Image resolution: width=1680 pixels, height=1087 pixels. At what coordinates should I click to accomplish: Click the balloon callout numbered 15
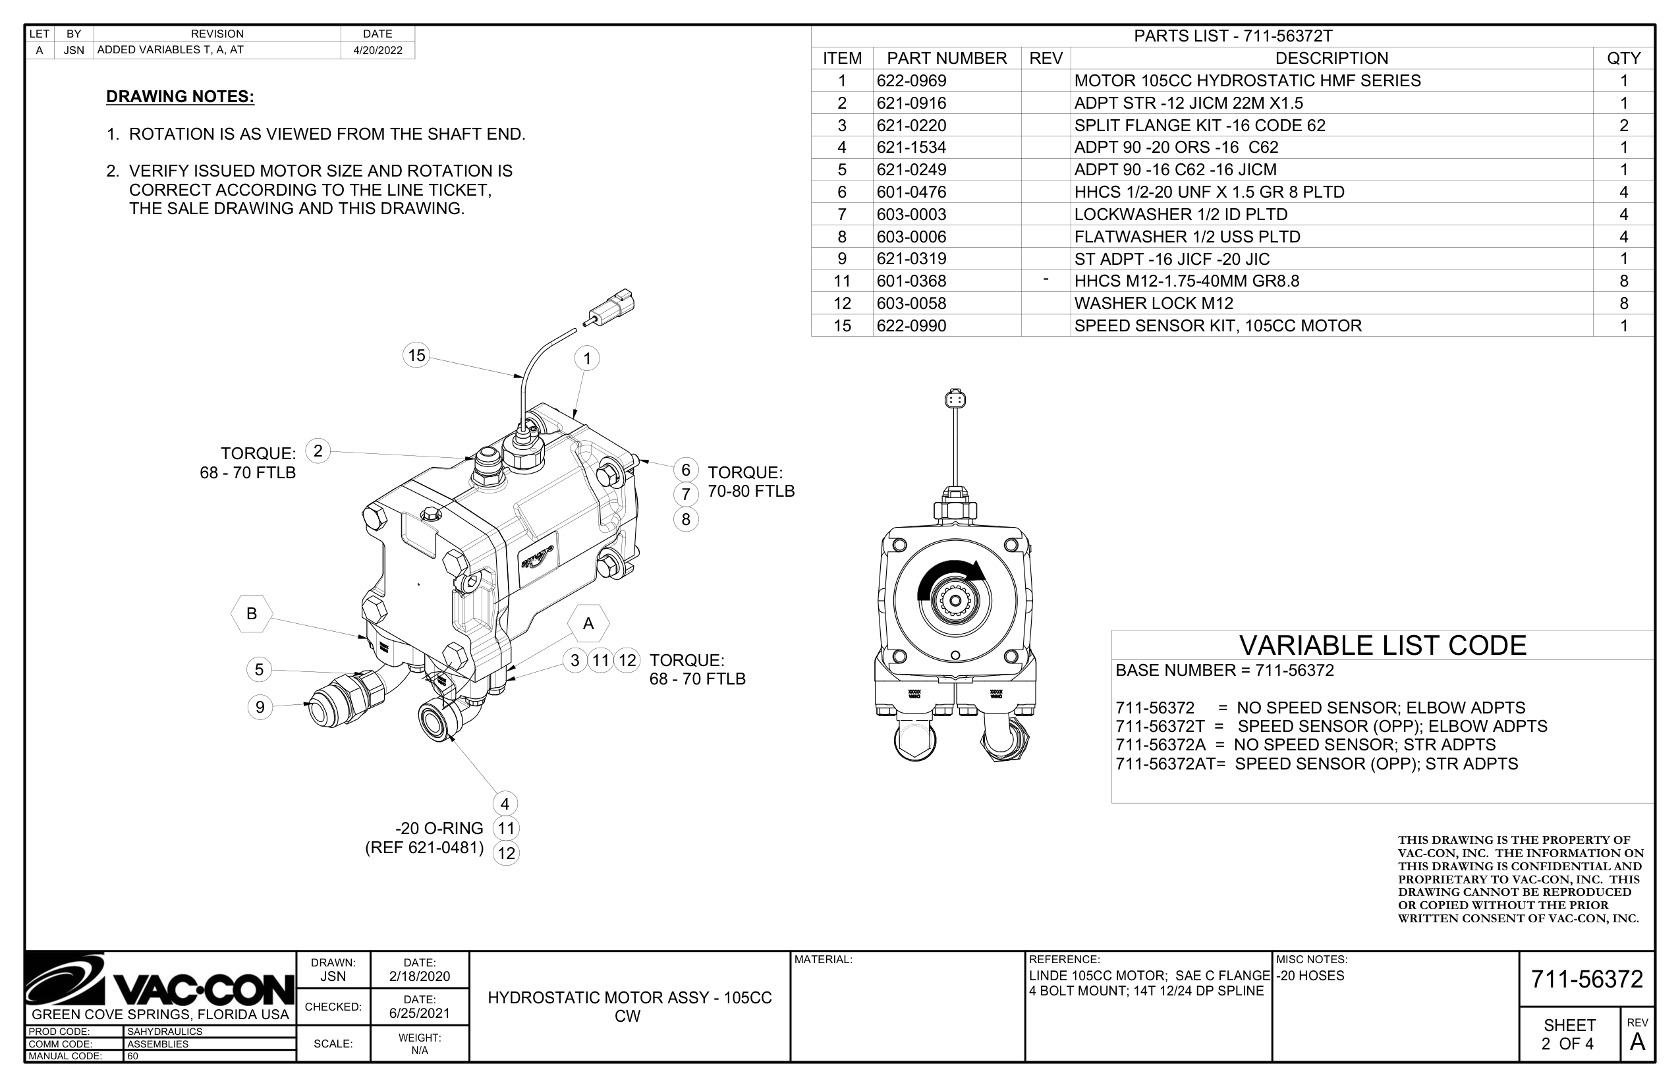pos(416,355)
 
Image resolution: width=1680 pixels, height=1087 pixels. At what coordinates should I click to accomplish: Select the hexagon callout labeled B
pos(251,613)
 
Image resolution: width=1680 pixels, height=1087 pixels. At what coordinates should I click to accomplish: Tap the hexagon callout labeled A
pos(588,624)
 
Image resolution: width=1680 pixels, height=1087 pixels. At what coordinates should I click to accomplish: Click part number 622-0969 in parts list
pos(911,80)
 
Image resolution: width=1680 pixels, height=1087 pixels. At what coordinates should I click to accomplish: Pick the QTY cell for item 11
pos(1623,281)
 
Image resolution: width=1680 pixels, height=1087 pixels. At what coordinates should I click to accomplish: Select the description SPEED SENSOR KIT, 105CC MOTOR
pos(1218,325)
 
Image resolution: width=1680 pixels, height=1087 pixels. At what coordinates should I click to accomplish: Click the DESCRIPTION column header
pos(1331,58)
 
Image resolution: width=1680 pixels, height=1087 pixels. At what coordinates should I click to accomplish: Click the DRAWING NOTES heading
pos(180,96)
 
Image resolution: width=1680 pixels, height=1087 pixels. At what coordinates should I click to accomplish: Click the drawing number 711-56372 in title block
pos(1587,979)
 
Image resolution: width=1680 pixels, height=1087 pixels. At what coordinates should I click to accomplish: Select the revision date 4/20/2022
pos(378,50)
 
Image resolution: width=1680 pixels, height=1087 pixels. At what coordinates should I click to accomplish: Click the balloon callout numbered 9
pos(260,706)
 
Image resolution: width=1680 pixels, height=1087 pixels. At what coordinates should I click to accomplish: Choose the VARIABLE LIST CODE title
pos(1382,645)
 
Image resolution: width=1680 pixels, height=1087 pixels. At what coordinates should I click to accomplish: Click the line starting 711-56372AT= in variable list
pos(1316,764)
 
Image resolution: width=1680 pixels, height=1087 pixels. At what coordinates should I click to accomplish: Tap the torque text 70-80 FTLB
pos(751,491)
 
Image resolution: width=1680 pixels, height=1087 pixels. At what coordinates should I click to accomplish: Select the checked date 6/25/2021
pos(419,1013)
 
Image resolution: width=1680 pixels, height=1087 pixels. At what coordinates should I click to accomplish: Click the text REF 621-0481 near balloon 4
pos(424,848)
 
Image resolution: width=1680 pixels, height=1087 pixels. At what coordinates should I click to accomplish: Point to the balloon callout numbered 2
pos(318,451)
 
